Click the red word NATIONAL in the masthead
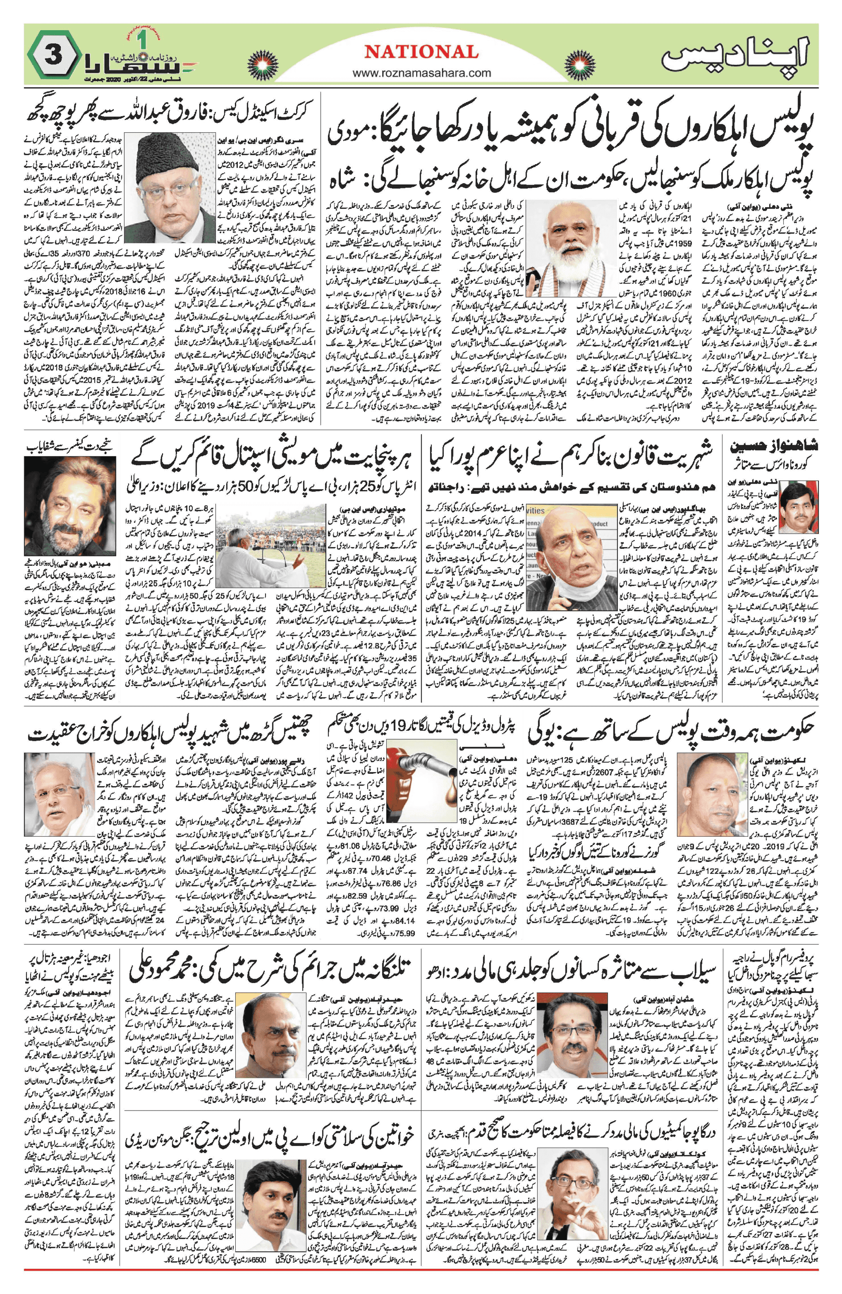(421, 52)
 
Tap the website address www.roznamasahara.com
(421, 72)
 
